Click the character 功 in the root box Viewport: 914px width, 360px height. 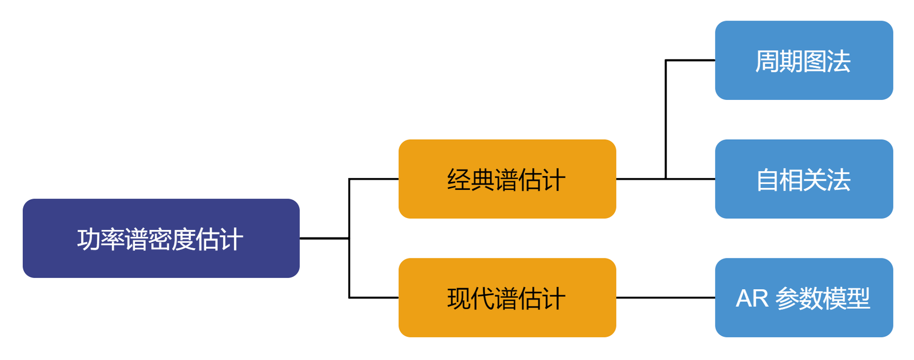89,239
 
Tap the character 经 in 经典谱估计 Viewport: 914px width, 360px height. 458,180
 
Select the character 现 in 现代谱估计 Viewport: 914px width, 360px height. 458,298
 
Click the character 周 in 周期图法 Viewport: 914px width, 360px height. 767,61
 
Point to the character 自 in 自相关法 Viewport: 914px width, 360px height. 767,180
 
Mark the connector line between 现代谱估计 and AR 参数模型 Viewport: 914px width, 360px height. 665,297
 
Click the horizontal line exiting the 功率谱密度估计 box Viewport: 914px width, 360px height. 324,238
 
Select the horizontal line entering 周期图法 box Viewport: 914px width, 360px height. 691,60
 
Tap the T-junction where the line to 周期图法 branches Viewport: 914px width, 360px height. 666,179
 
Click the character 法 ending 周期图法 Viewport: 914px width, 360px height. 839,61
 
